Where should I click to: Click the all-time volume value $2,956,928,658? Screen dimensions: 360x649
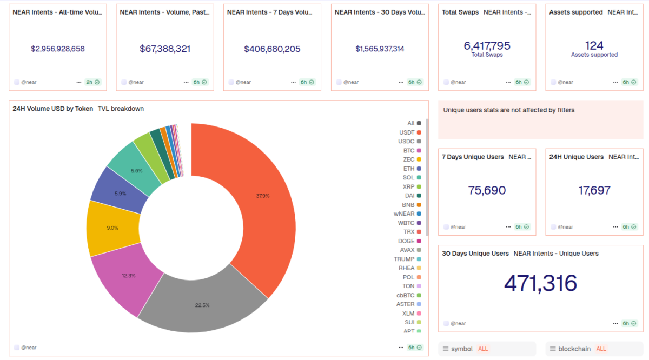[x=58, y=49]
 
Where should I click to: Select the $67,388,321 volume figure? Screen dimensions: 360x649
[x=165, y=49]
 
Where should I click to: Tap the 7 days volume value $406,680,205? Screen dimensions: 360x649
[x=272, y=49]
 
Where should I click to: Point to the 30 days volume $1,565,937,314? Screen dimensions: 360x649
[x=380, y=49]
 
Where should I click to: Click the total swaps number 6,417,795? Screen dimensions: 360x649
[x=487, y=46]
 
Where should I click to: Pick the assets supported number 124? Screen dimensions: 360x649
[x=594, y=46]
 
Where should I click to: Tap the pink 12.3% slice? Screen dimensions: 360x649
[x=129, y=275]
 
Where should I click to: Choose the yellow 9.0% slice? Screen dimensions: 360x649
[x=112, y=228]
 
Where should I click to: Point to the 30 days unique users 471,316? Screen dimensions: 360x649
[x=540, y=283]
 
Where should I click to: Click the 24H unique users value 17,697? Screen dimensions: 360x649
[x=594, y=190]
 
